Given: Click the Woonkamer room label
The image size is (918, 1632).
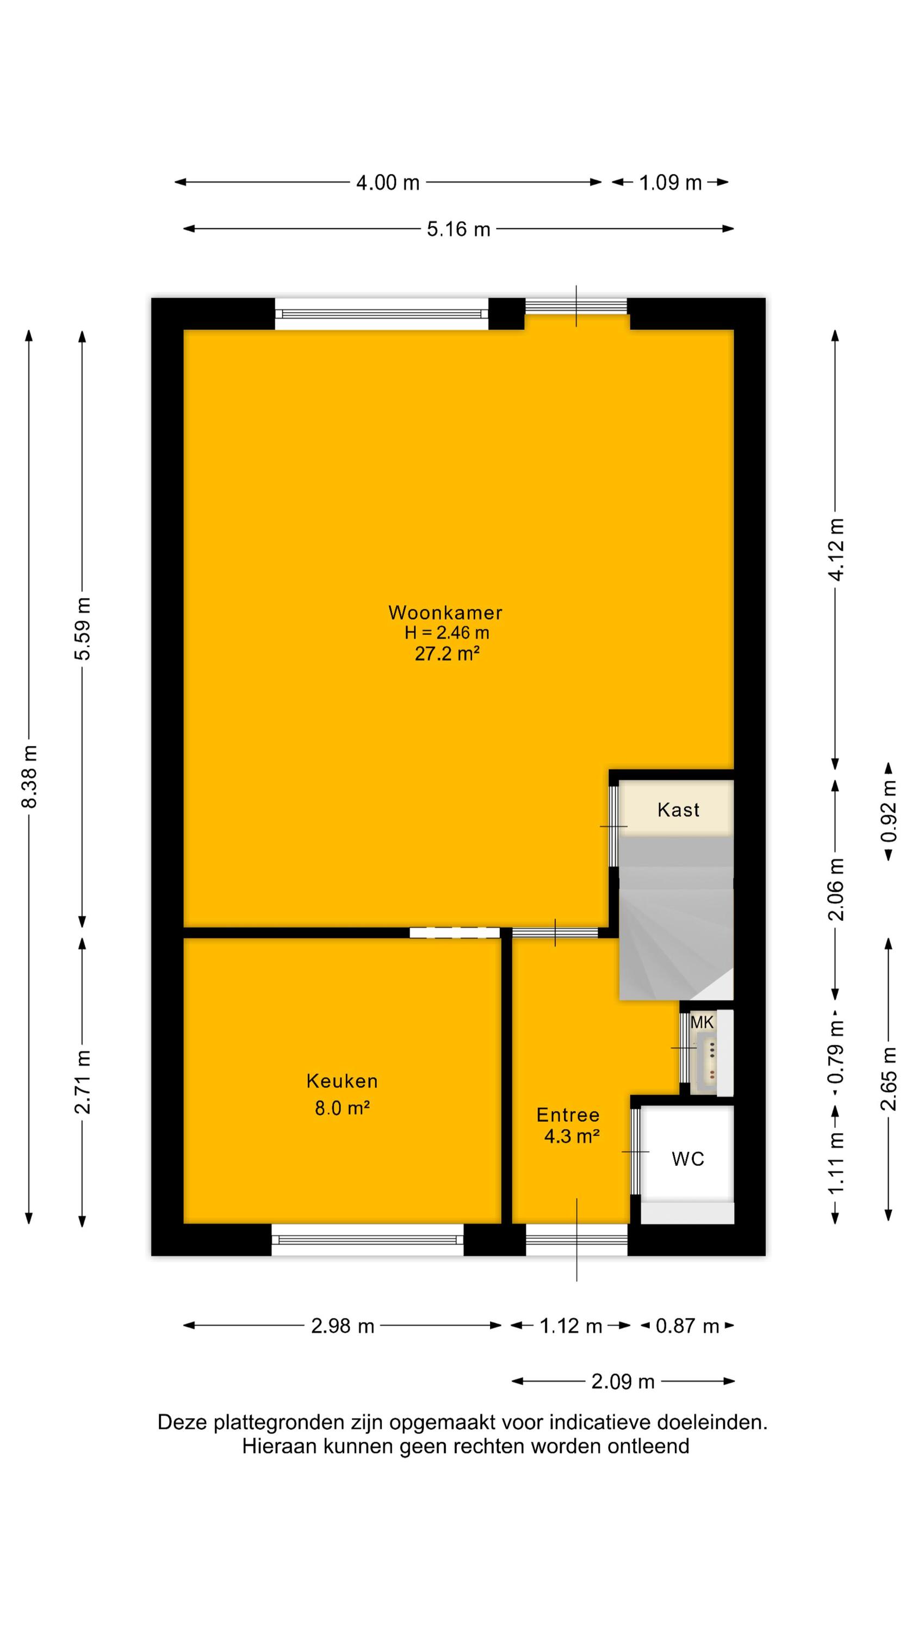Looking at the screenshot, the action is (x=445, y=613).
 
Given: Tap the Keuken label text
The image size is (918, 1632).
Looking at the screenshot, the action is (x=342, y=1081).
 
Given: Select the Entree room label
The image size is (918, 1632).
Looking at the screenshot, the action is (x=568, y=1115).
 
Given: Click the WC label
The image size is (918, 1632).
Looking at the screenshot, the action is (x=688, y=1159).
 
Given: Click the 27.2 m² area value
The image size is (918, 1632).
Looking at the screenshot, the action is (x=446, y=653).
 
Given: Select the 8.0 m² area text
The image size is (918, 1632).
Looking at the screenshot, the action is (x=342, y=1108).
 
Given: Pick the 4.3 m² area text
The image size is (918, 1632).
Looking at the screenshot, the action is (x=572, y=1136).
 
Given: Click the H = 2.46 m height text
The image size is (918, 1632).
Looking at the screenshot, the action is (x=446, y=632).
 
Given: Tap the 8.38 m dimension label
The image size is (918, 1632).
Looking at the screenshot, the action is (x=30, y=777).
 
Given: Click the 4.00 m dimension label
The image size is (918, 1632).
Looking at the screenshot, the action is (x=388, y=182).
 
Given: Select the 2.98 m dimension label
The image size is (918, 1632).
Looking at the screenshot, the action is (x=343, y=1326).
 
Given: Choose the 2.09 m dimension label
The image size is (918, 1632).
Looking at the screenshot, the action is (x=623, y=1382).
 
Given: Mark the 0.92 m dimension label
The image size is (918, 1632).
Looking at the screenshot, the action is (x=889, y=812).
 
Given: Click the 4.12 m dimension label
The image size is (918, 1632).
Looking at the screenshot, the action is (x=836, y=549).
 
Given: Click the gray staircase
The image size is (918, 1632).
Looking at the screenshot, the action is (x=676, y=919).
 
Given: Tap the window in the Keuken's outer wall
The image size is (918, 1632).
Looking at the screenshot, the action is (x=368, y=1239).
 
